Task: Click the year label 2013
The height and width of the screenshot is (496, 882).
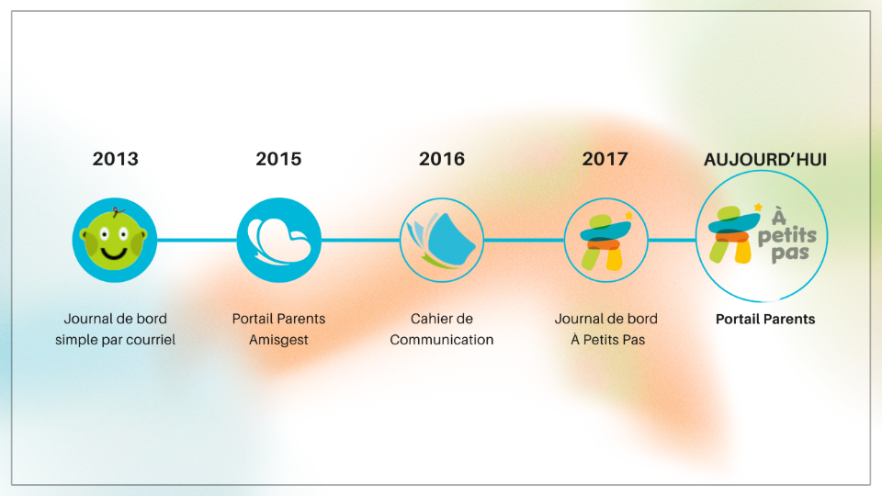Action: (x=116, y=159)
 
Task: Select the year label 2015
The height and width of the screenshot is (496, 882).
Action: (x=278, y=159)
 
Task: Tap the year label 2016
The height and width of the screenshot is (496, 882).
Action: (x=442, y=159)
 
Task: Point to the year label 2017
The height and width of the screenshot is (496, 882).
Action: (x=605, y=159)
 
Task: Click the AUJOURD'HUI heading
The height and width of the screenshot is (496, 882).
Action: (x=765, y=160)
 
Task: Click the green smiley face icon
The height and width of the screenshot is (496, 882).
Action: (x=114, y=240)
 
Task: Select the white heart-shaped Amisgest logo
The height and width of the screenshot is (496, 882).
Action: (x=279, y=241)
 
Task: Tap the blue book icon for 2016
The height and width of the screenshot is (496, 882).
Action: (x=442, y=240)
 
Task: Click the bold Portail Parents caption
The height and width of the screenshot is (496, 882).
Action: (x=765, y=319)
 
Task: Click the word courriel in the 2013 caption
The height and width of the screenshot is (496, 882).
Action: (x=153, y=340)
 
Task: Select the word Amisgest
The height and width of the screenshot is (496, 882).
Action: (x=278, y=340)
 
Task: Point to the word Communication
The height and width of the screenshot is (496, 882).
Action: (x=442, y=340)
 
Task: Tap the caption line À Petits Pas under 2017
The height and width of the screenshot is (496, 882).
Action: (x=607, y=340)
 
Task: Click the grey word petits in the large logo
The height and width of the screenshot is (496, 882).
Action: (x=787, y=236)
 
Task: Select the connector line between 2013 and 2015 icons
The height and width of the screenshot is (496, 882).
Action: (x=197, y=240)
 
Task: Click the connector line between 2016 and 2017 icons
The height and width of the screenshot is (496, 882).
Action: (x=524, y=240)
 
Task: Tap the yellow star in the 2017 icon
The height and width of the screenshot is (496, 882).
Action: (x=628, y=215)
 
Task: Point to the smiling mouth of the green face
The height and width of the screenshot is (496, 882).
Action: (x=114, y=254)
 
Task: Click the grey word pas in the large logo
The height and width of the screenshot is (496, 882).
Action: (x=790, y=254)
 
